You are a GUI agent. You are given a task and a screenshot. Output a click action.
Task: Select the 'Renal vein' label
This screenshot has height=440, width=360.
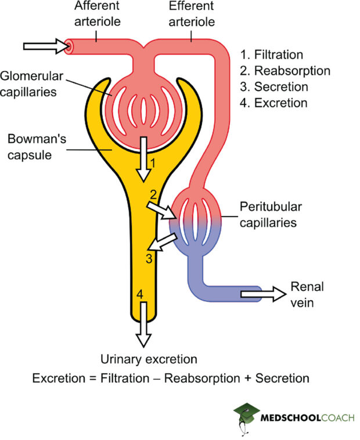coord(307,293)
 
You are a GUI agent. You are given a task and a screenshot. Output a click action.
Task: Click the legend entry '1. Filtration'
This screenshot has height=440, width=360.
coord(272,55)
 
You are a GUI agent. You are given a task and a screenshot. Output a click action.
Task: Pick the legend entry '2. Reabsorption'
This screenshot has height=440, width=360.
coord(285,71)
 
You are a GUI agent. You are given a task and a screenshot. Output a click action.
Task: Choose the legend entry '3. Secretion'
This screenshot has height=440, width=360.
coord(274,87)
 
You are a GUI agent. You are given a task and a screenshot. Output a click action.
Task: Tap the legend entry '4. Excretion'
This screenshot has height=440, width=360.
coord(273,103)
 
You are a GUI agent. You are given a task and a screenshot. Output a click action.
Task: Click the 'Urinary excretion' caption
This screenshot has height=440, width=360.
coord(149,359)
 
